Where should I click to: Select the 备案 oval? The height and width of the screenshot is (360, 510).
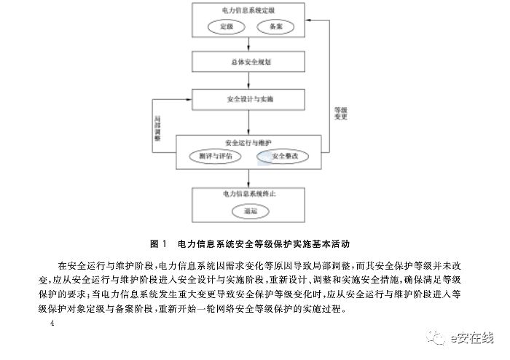(275, 26)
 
